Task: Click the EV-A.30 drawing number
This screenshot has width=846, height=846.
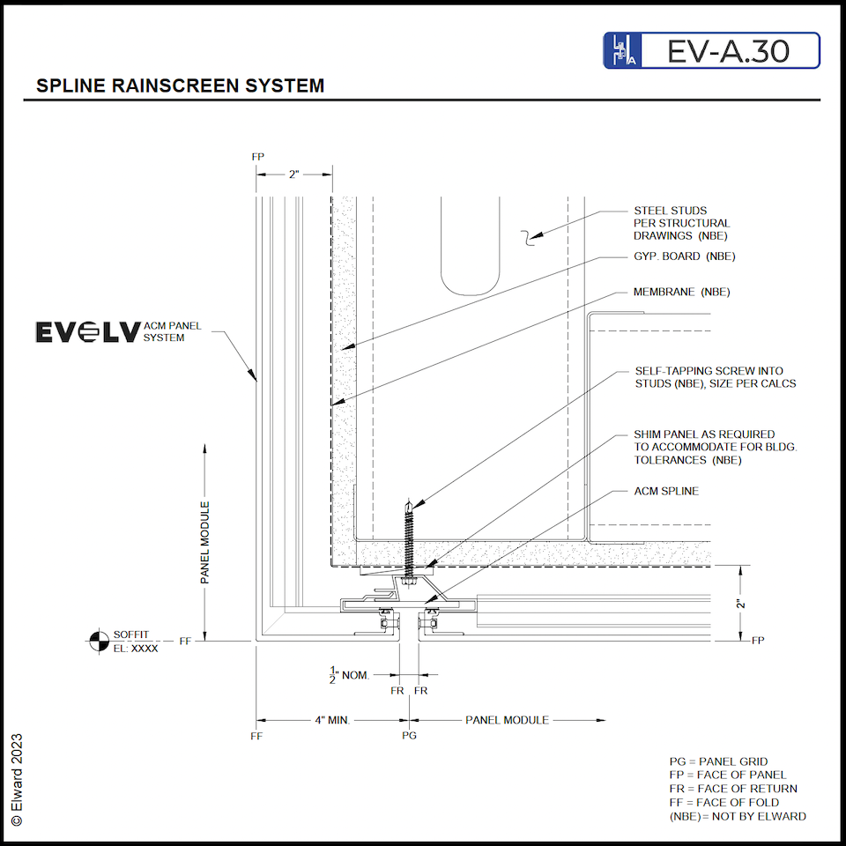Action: [727, 51]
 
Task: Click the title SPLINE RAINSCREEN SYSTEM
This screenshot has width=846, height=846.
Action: [180, 85]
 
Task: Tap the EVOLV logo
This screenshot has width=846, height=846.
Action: [87, 331]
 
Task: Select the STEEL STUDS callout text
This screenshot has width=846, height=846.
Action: [681, 223]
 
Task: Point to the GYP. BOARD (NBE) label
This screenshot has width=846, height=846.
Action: [684, 256]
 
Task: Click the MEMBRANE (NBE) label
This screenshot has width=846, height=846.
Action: [681, 292]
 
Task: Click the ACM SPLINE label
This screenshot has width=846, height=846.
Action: [666, 491]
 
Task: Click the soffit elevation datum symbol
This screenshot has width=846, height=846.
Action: [100, 641]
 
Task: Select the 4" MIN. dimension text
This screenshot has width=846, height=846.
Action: [332, 720]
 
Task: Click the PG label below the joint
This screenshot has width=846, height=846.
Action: [409, 734]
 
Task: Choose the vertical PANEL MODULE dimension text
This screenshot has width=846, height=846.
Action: [204, 543]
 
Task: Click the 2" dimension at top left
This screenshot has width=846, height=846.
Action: [294, 174]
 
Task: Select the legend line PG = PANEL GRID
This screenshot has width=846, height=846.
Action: [718, 761]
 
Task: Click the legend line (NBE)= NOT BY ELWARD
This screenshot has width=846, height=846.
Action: [738, 816]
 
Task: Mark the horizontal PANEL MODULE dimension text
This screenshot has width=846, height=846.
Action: [507, 720]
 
